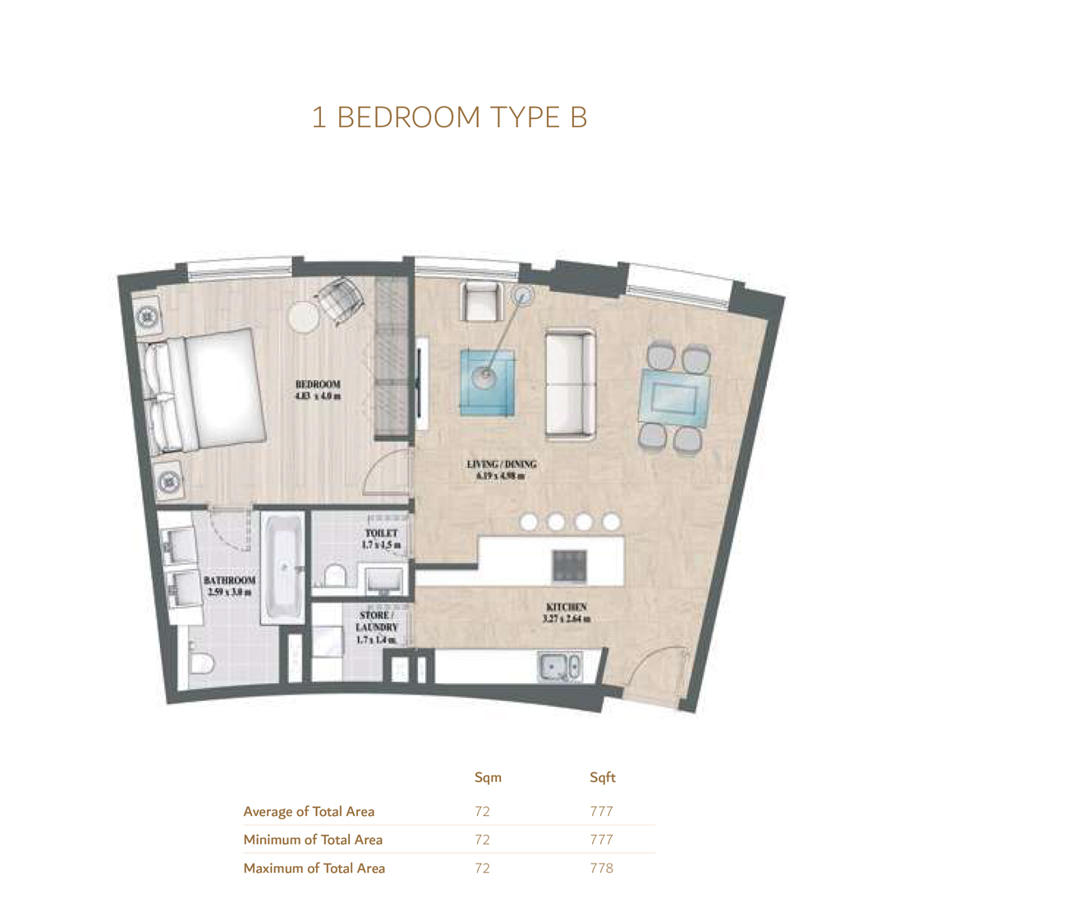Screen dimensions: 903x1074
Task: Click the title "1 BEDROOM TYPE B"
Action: point(449,117)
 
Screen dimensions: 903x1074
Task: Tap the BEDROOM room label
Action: point(318,390)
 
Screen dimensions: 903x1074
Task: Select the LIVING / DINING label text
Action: point(501,470)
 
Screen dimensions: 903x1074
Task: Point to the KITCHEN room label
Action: point(567,612)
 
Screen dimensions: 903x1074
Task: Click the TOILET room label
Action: point(381,539)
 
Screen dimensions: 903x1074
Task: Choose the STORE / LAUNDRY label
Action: point(376,627)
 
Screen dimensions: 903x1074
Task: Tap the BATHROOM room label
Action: point(230,585)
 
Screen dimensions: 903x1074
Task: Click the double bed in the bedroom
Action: point(205,391)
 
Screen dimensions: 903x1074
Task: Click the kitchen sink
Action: point(561,667)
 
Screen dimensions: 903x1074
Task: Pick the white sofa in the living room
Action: point(571,384)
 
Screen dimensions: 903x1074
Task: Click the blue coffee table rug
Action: point(488,382)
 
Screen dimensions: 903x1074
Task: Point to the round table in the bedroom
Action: point(303,318)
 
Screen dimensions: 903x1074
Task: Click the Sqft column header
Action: point(602,777)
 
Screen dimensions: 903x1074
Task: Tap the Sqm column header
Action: point(488,777)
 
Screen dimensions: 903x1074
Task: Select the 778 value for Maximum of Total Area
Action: point(601,868)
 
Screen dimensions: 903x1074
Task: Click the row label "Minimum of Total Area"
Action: point(313,840)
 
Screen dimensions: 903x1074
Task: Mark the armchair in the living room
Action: point(481,302)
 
